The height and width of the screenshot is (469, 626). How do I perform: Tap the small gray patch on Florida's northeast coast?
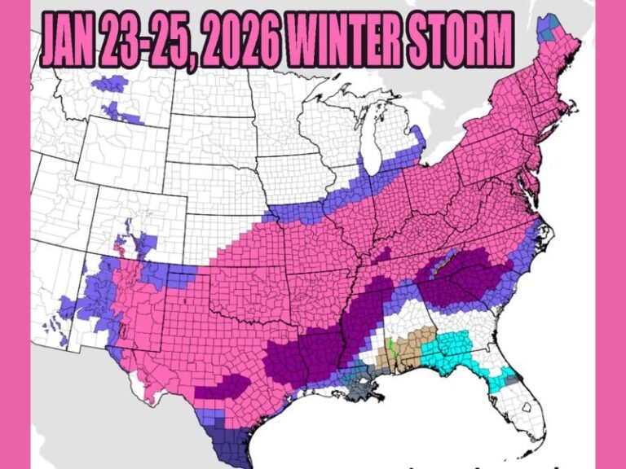(x=511, y=378)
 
